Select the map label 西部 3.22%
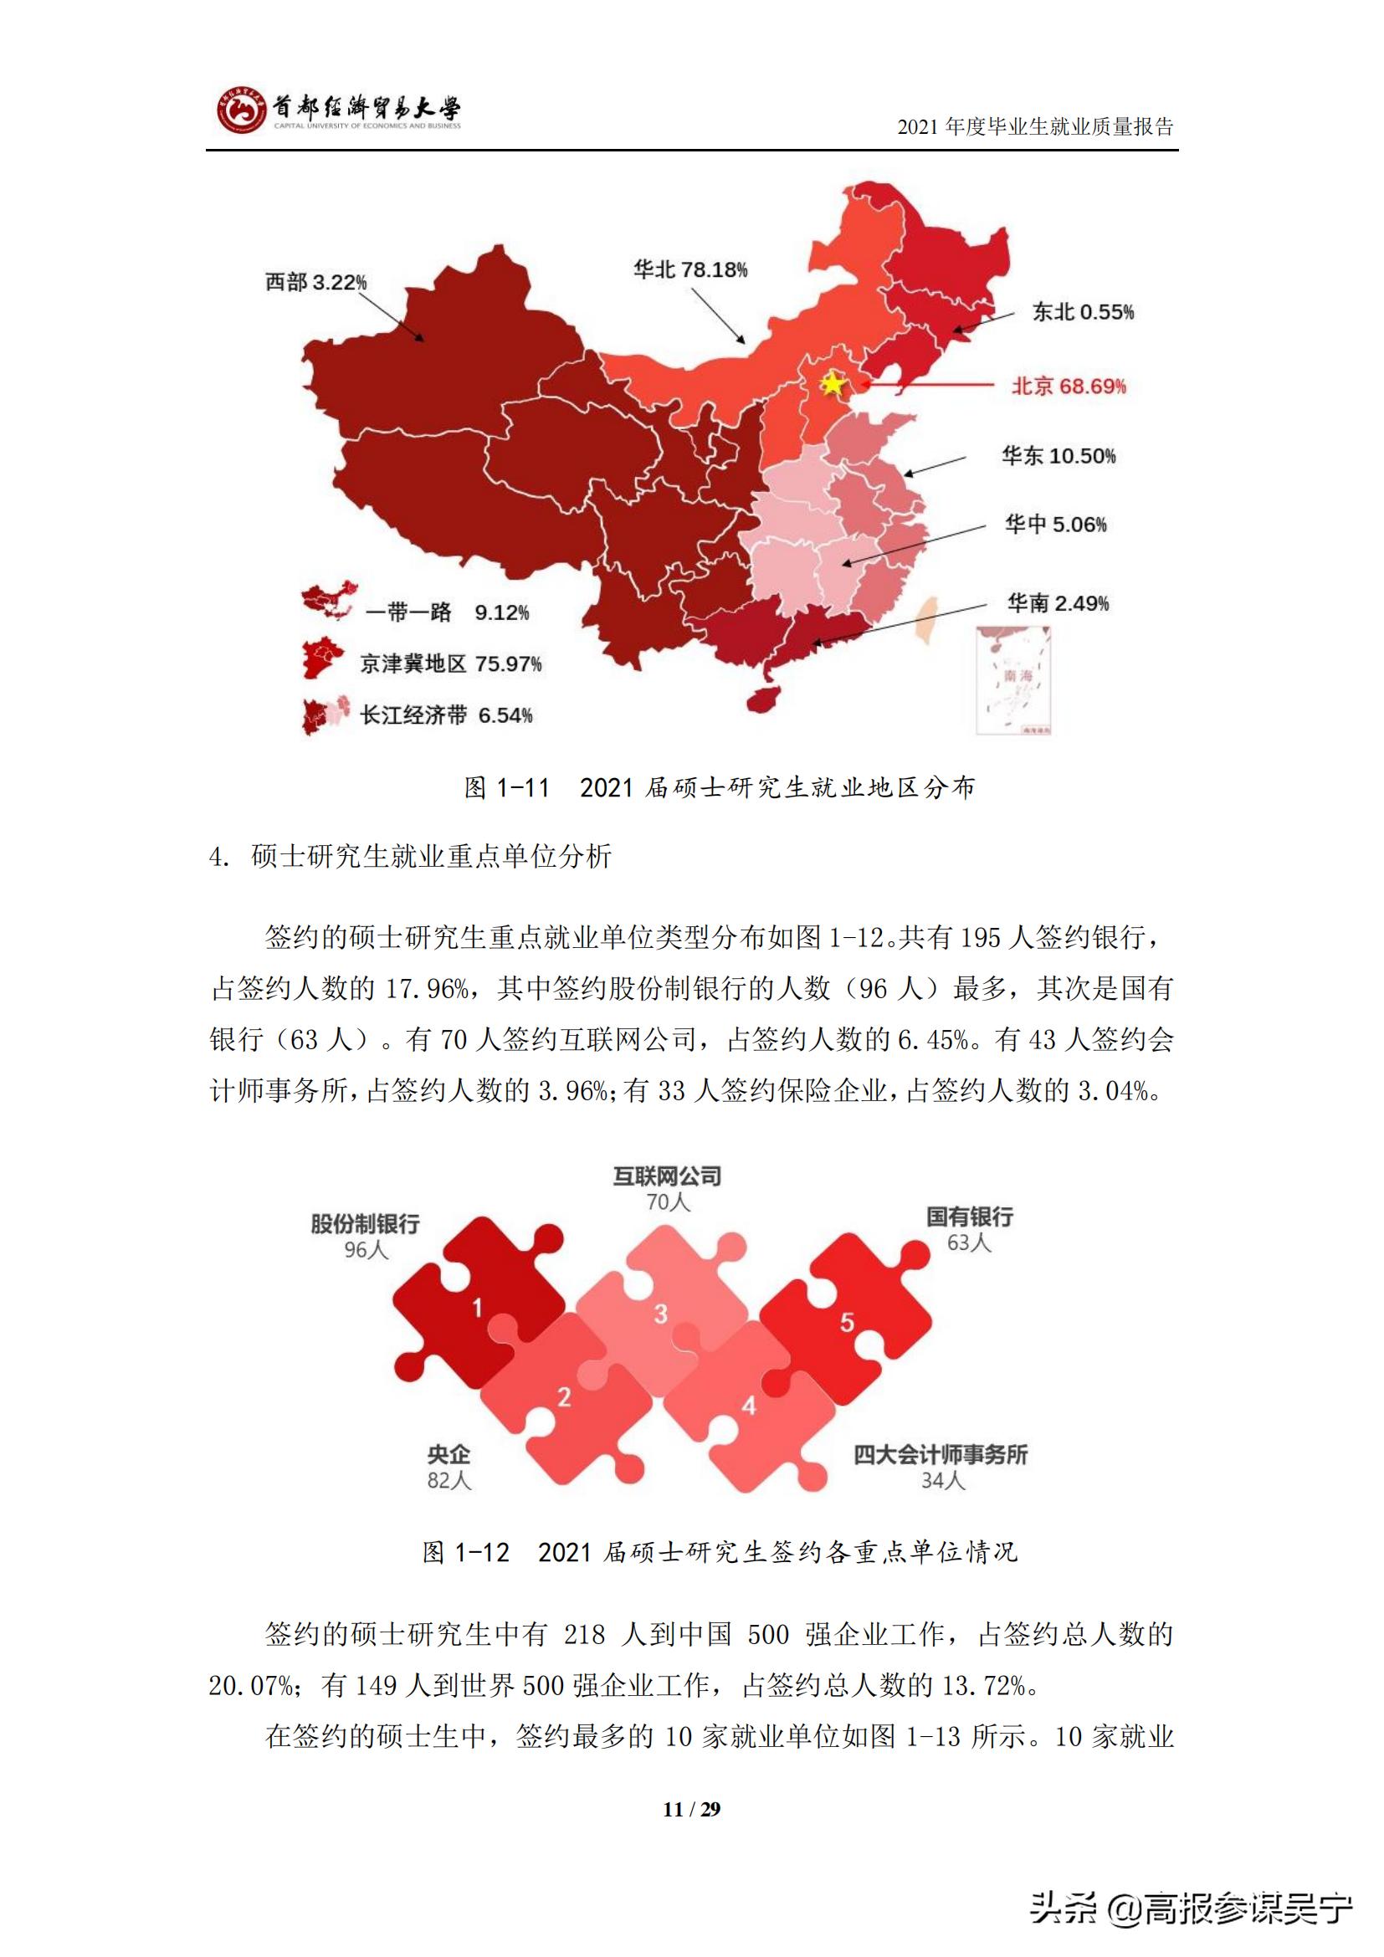(315, 282)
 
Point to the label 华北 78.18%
(689, 270)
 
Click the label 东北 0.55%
(1082, 312)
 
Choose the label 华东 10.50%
(1058, 456)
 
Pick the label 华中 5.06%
(1055, 525)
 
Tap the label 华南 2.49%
(1058, 603)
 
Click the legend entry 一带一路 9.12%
(447, 612)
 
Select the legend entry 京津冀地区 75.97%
(450, 663)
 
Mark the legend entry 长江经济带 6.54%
(446, 715)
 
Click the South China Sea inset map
(1013, 680)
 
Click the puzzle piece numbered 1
(477, 1308)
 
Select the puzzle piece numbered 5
(846, 1322)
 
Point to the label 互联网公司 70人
(667, 1189)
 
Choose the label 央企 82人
(449, 1467)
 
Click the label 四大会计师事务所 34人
(941, 1467)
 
